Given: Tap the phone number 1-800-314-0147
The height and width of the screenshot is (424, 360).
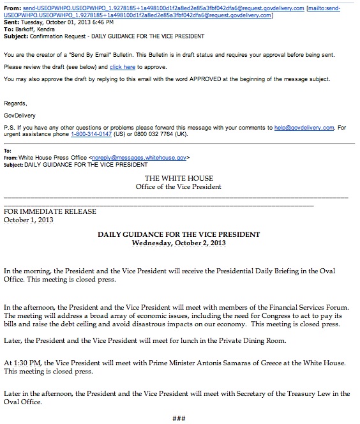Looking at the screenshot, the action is pyautogui.click(x=71, y=135).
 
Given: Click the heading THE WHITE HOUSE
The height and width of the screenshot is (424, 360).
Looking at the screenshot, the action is pyautogui.click(x=179, y=178).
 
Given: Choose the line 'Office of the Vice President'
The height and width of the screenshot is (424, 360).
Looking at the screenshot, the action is pyautogui.click(x=179, y=187).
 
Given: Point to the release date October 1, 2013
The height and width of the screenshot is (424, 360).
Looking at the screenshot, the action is pyautogui.click(x=29, y=220).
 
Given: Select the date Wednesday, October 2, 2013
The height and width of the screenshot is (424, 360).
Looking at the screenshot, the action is pyautogui.click(x=179, y=243).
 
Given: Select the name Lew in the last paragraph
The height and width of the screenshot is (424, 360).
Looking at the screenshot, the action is pyautogui.click(x=306, y=393).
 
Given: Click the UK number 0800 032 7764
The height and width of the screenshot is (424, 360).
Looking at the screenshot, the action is pyautogui.click(x=135, y=135).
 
